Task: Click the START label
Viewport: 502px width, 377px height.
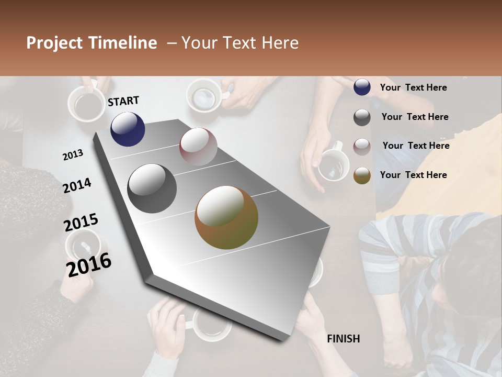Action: (x=123, y=101)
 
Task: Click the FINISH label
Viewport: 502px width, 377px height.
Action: (x=343, y=339)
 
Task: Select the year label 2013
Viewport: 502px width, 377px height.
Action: (x=73, y=154)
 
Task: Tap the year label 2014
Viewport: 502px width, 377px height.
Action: (x=77, y=185)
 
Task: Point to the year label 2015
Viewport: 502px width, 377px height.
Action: (x=81, y=223)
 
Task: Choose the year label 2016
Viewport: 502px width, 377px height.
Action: (x=88, y=265)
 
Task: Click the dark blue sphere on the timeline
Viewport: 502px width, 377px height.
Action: (x=128, y=129)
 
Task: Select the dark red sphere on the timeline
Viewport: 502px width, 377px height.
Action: (x=198, y=146)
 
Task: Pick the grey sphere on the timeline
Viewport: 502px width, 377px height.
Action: (x=152, y=188)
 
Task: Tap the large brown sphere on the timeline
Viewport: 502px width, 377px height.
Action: (x=226, y=217)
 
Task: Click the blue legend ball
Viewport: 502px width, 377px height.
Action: (x=362, y=87)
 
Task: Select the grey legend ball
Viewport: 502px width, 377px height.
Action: (x=362, y=117)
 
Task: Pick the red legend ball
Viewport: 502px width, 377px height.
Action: (x=362, y=147)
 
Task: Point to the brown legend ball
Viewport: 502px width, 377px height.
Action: (x=362, y=175)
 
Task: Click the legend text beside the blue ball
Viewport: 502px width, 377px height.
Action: (x=413, y=87)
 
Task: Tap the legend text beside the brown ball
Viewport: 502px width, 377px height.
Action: (x=413, y=175)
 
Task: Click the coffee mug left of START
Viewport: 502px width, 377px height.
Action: (x=86, y=104)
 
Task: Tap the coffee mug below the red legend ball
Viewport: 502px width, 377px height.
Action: (x=333, y=164)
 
